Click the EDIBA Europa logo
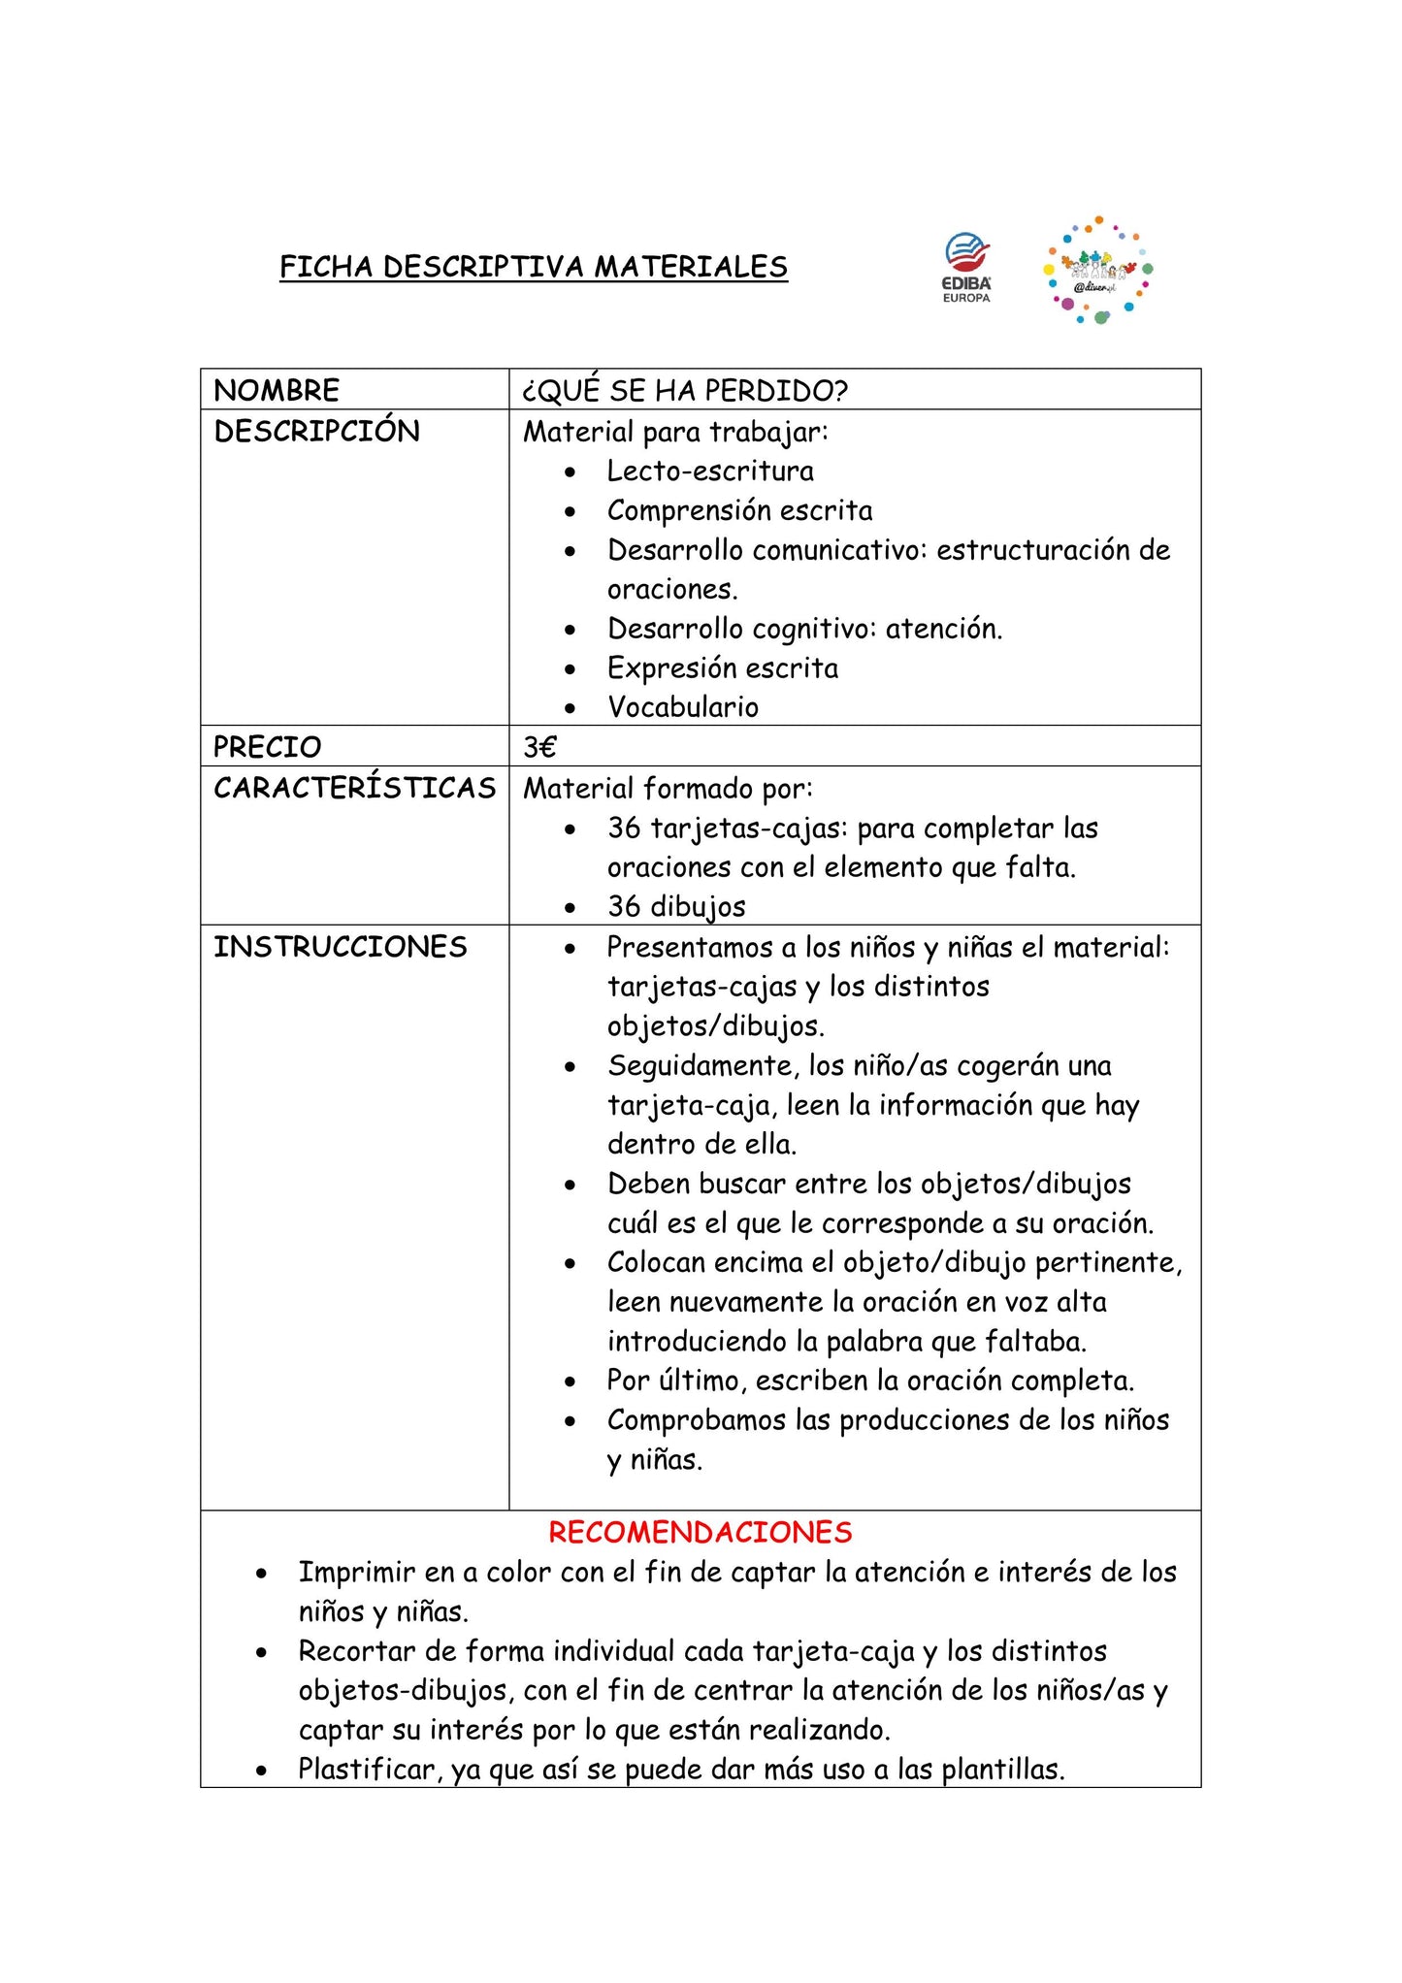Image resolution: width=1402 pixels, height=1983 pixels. click(x=966, y=267)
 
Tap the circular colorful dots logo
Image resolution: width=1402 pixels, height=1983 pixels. click(x=1097, y=271)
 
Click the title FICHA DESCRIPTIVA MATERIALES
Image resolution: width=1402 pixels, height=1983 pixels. click(x=533, y=267)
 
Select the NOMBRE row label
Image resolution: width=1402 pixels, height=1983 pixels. click(x=277, y=390)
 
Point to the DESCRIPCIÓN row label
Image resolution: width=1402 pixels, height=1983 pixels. click(x=316, y=431)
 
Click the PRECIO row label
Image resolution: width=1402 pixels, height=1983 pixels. click(x=267, y=746)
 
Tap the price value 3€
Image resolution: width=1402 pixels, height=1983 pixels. click(x=539, y=746)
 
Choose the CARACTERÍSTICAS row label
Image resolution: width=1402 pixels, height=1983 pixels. click(x=354, y=787)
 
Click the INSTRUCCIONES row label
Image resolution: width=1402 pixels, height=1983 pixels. click(x=340, y=946)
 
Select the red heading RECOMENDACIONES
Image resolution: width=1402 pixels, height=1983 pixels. click(x=700, y=1532)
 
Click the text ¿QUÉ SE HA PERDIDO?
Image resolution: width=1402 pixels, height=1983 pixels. click(x=685, y=390)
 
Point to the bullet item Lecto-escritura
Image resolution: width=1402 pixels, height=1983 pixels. click(x=710, y=471)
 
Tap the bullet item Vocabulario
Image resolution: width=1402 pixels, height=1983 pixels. click(x=682, y=706)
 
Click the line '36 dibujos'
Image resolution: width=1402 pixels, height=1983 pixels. click(x=676, y=906)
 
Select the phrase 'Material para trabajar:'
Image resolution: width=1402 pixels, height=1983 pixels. click(x=675, y=431)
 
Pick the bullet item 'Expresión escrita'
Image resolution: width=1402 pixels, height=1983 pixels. click(x=723, y=667)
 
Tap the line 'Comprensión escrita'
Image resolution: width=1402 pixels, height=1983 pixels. click(x=739, y=510)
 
